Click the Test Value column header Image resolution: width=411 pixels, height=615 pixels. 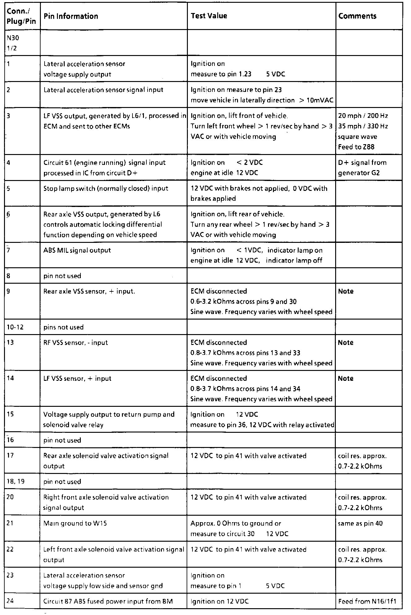click(209, 16)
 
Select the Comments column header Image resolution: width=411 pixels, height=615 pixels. click(357, 16)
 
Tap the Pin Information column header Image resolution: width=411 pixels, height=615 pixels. click(71, 16)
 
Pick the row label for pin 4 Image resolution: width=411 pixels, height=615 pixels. click(8, 162)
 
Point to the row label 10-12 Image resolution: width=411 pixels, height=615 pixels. click(15, 327)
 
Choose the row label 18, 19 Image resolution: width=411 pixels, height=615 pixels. click(13, 481)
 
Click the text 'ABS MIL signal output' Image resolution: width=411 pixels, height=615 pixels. click(77, 250)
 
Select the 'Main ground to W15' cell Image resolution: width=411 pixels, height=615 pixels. click(75, 523)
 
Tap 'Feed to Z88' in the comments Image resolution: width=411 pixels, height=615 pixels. click(356, 147)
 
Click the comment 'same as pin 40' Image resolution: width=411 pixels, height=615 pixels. click(360, 523)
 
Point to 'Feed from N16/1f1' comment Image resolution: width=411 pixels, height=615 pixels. click(367, 601)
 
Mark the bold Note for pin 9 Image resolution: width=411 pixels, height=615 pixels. click(346, 291)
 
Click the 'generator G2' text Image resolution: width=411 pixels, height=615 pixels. click(359, 173)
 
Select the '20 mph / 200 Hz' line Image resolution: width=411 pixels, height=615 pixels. click(363, 116)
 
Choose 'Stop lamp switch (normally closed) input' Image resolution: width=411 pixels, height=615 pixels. click(106, 188)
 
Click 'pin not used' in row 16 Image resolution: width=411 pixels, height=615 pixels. click(62, 440)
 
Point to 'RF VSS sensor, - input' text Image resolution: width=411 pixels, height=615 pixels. click(76, 342)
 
